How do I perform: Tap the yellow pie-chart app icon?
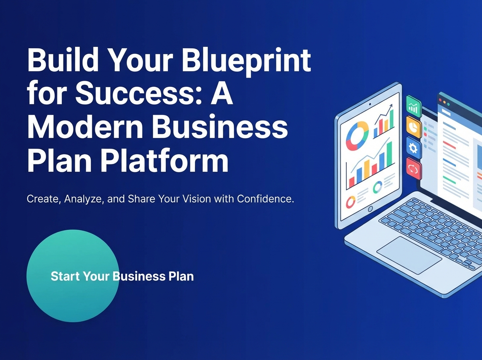point(413,127)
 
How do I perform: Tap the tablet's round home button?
point(370,209)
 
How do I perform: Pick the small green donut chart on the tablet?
point(378,187)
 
